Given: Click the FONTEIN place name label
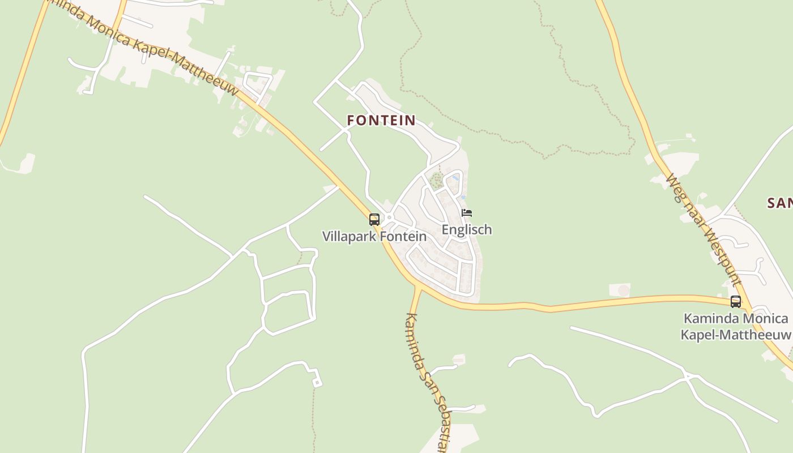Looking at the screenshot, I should point(381,120).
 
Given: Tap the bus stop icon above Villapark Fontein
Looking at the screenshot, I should point(374,219).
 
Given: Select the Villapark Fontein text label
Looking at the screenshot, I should point(374,236).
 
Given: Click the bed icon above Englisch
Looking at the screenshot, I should point(467,213).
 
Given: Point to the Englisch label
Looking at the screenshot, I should point(467,229).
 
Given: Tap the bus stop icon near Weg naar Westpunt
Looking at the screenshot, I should point(736,301).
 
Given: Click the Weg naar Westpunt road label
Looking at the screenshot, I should point(703,229).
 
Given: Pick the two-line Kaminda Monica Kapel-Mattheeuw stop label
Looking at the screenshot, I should point(736,327).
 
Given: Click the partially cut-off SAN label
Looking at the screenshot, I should point(779,203).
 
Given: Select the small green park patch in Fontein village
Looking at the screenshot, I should point(436,181).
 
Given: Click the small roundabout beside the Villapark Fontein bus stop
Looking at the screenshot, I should point(389,217).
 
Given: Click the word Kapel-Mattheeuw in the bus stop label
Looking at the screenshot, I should point(735,335).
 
